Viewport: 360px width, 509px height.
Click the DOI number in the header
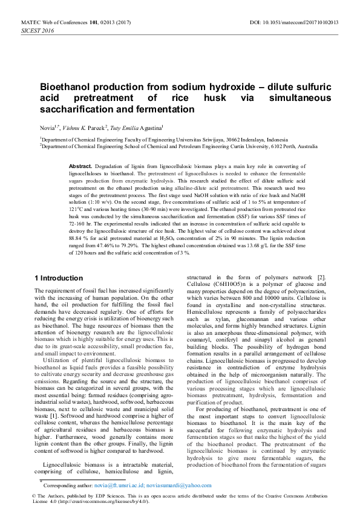(x=309, y=22)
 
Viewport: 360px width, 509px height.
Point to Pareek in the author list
(x=97, y=128)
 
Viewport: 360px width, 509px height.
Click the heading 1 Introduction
(x=59, y=278)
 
